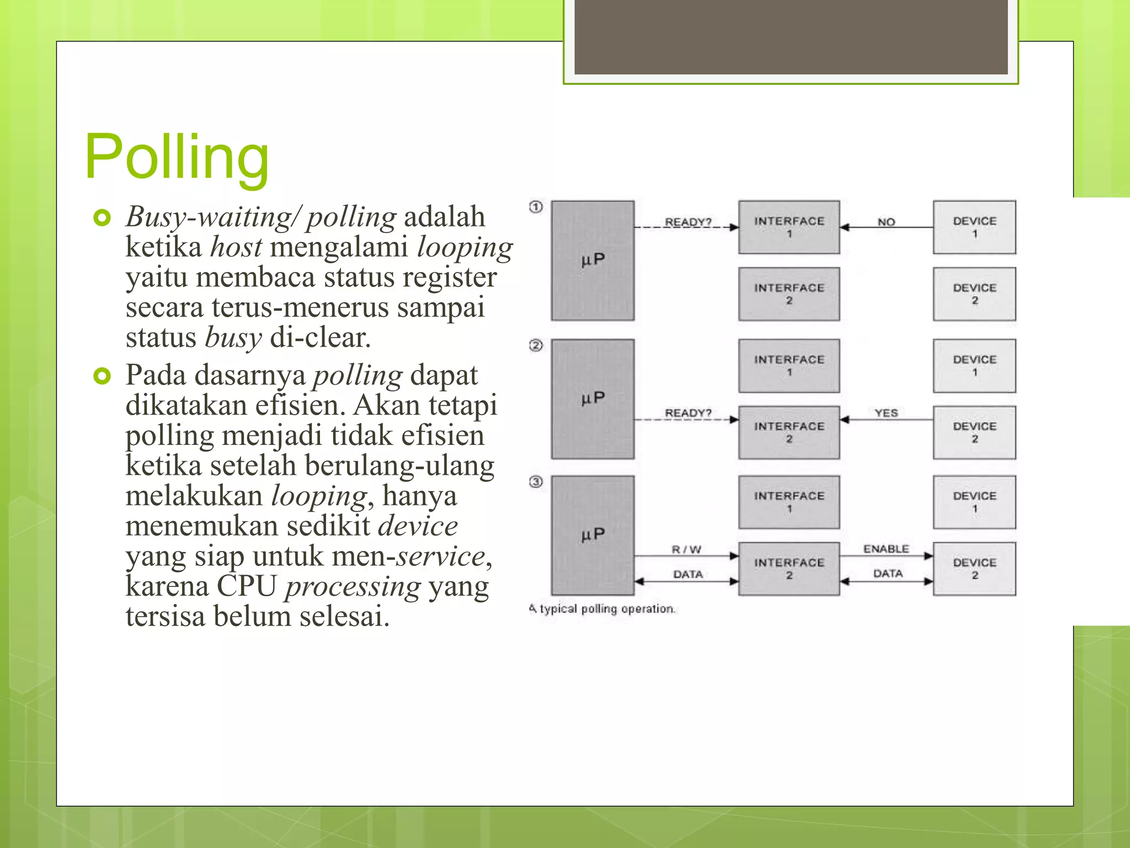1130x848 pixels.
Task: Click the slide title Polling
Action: click(177, 157)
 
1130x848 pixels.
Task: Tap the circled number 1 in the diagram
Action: click(536, 207)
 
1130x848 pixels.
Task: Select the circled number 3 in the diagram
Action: click(536, 482)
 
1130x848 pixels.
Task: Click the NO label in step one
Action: click(886, 222)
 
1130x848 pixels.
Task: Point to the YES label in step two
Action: click(886, 413)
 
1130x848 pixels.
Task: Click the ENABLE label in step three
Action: click(886, 549)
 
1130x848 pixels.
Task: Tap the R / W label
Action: click(686, 549)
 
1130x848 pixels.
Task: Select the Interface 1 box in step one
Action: click(789, 227)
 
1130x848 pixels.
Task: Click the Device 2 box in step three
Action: click(974, 569)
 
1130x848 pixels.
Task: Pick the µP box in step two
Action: click(593, 399)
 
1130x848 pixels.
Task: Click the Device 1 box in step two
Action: click(974, 365)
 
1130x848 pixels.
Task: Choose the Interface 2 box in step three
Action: click(789, 569)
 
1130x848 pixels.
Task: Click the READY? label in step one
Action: click(688, 222)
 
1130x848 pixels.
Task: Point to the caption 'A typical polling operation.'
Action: click(601, 608)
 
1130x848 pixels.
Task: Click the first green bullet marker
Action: click(102, 218)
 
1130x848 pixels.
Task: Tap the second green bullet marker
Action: click(102, 376)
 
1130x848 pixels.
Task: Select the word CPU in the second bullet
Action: click(246, 586)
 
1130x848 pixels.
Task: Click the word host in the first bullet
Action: click(236, 247)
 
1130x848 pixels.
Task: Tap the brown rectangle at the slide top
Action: click(791, 37)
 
